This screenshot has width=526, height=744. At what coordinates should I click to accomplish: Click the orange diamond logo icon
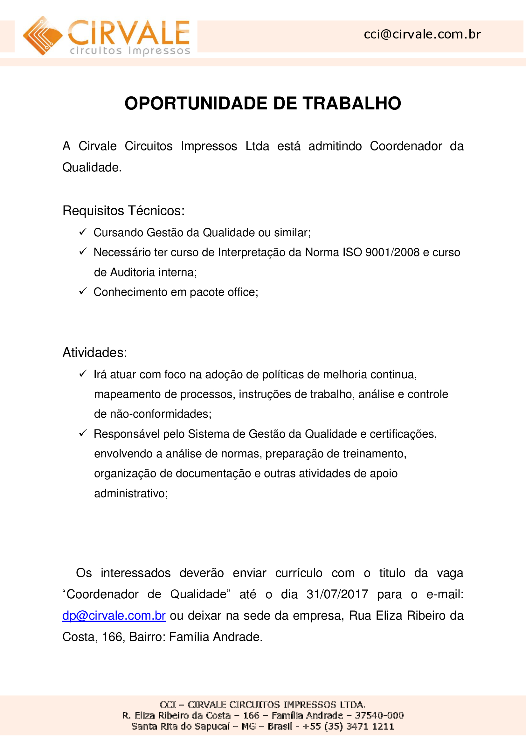[42, 36]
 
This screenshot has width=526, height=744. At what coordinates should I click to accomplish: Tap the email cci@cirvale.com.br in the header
[422, 34]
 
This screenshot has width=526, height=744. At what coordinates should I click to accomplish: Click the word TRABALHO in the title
[352, 103]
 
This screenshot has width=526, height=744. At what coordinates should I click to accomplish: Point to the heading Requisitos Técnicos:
[123, 211]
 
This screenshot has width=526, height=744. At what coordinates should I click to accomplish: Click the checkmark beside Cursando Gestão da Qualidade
[83, 232]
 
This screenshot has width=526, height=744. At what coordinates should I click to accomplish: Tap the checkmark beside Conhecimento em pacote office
[83, 291]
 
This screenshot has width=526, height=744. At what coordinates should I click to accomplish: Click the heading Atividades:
[94, 352]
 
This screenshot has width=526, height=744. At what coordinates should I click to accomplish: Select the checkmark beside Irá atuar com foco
[83, 374]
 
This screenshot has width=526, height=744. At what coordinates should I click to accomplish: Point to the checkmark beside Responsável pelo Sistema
[83, 433]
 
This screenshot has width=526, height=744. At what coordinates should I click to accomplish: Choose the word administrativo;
[131, 493]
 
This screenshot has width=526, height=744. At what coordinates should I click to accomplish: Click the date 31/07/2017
[337, 594]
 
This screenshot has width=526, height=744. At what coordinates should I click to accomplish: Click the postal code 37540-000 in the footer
[379, 715]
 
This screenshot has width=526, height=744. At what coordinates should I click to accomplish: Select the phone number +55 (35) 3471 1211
[348, 726]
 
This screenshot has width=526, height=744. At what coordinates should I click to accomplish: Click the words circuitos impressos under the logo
[130, 51]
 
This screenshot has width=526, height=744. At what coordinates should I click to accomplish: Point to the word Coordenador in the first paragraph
[405, 146]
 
